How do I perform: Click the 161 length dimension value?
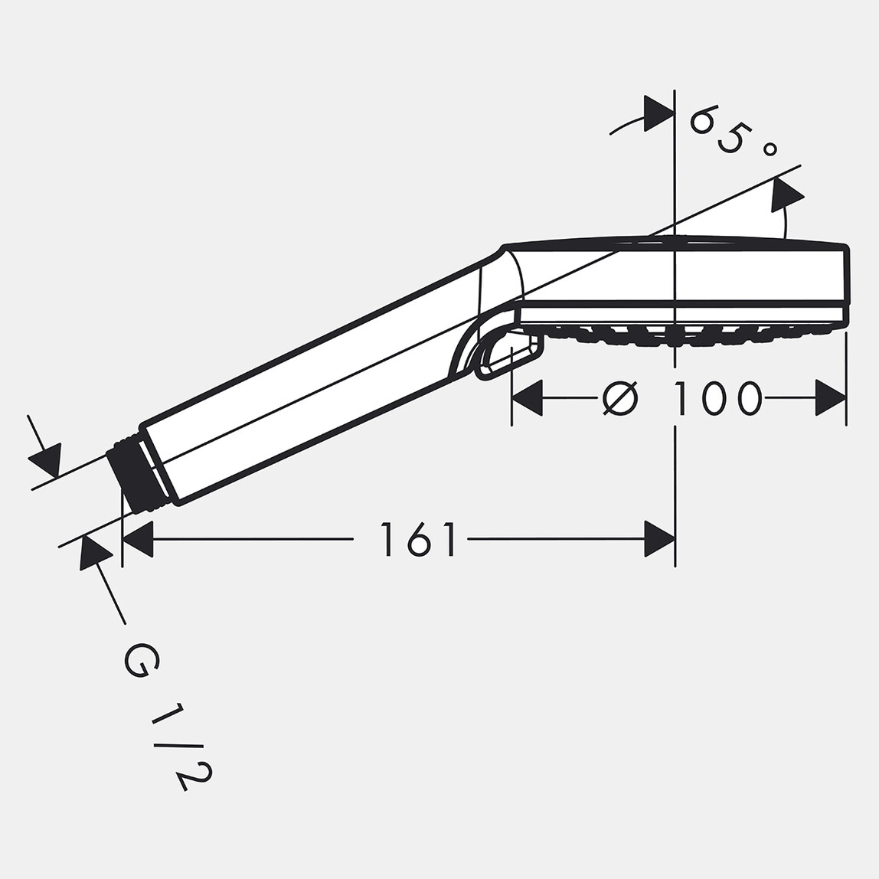pyautogui.click(x=418, y=539)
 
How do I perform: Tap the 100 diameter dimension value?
pyautogui.click(x=717, y=398)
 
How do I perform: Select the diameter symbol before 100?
pyautogui.click(x=619, y=398)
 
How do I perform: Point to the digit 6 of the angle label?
pyautogui.click(x=704, y=120)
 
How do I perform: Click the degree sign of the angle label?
pyautogui.click(x=770, y=149)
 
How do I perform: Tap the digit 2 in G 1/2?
pyautogui.click(x=195, y=775)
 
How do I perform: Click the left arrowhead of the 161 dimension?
pyautogui.click(x=138, y=539)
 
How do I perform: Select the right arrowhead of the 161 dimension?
pyautogui.click(x=659, y=539)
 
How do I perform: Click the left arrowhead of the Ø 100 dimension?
pyautogui.click(x=527, y=398)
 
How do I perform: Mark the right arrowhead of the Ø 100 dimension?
pyautogui.click(x=831, y=398)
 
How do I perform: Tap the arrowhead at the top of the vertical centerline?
pyautogui.click(x=658, y=113)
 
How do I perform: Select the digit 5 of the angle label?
pyautogui.click(x=730, y=139)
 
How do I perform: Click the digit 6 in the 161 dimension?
pyautogui.click(x=418, y=539)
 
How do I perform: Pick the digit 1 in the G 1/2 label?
pyautogui.click(x=168, y=714)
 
